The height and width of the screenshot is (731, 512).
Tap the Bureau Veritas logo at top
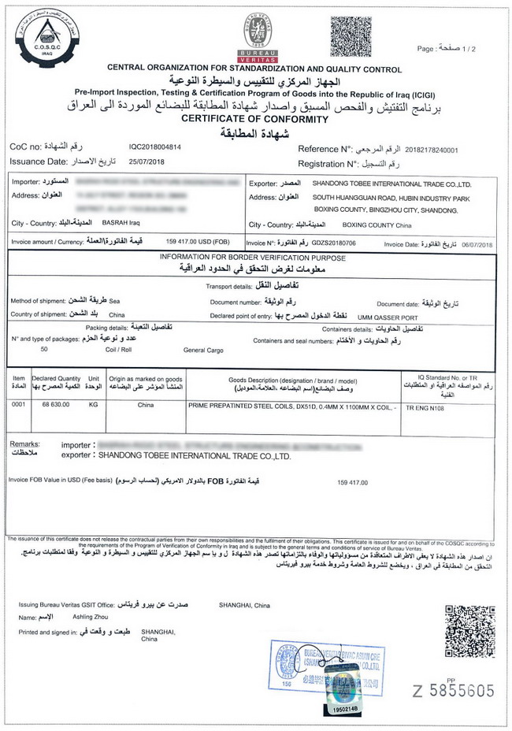(258, 35)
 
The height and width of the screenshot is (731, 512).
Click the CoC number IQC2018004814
(154, 147)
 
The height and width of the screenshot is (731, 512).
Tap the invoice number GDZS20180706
(335, 244)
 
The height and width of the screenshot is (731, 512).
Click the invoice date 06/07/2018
(475, 244)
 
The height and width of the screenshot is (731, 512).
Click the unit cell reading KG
(94, 404)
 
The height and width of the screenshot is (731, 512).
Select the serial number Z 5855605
(454, 691)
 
